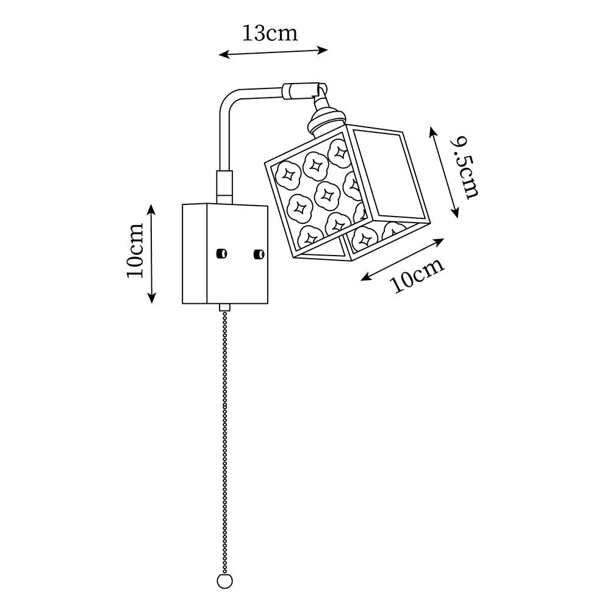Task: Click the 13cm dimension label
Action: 270,34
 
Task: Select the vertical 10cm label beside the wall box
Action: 135,249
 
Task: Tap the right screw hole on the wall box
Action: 259,253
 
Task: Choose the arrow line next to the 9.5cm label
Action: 444,172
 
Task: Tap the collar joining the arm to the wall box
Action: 224,187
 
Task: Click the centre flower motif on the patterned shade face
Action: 317,196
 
